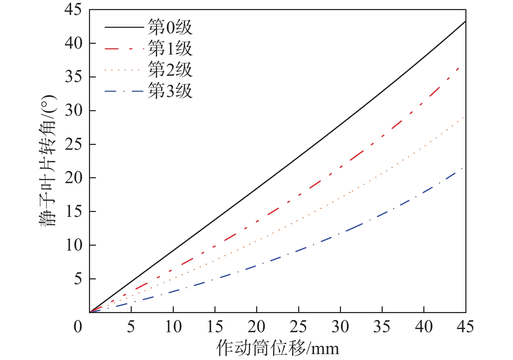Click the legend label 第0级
point(170,27)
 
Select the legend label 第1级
point(170,49)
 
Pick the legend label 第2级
point(170,70)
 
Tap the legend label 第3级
point(170,91)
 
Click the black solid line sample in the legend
point(124,27)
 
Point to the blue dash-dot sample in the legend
point(124,91)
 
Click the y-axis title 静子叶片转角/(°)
point(48,161)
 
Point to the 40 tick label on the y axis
point(74,43)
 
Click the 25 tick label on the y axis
point(74,144)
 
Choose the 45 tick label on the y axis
point(74,9)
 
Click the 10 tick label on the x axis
point(173,327)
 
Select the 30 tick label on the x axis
point(340,327)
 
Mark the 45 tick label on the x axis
point(465,327)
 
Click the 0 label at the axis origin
point(78,327)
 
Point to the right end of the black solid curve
point(465,21)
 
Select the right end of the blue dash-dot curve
point(462,168)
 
